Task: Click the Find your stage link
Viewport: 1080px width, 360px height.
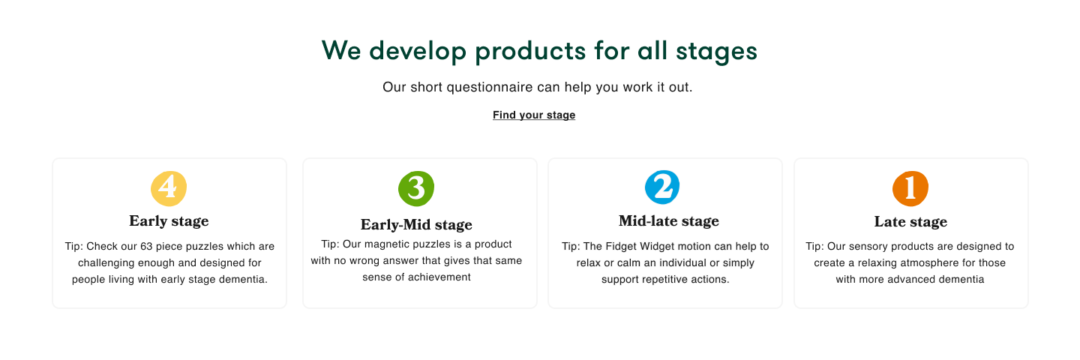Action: click(x=534, y=115)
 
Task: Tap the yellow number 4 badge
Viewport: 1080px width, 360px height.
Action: click(x=169, y=188)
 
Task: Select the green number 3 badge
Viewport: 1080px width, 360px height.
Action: click(x=416, y=188)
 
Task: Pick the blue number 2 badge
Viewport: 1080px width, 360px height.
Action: click(x=662, y=187)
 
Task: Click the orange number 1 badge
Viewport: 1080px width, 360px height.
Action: click(x=910, y=188)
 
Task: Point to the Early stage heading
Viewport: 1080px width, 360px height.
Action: click(x=169, y=220)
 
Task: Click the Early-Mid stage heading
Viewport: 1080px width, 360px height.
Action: click(x=416, y=224)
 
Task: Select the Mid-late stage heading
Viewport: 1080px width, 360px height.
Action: click(x=669, y=220)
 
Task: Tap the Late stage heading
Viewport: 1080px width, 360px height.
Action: click(x=910, y=222)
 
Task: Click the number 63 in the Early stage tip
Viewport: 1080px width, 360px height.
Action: click(x=146, y=246)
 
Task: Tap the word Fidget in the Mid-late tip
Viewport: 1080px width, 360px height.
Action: click(x=619, y=246)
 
